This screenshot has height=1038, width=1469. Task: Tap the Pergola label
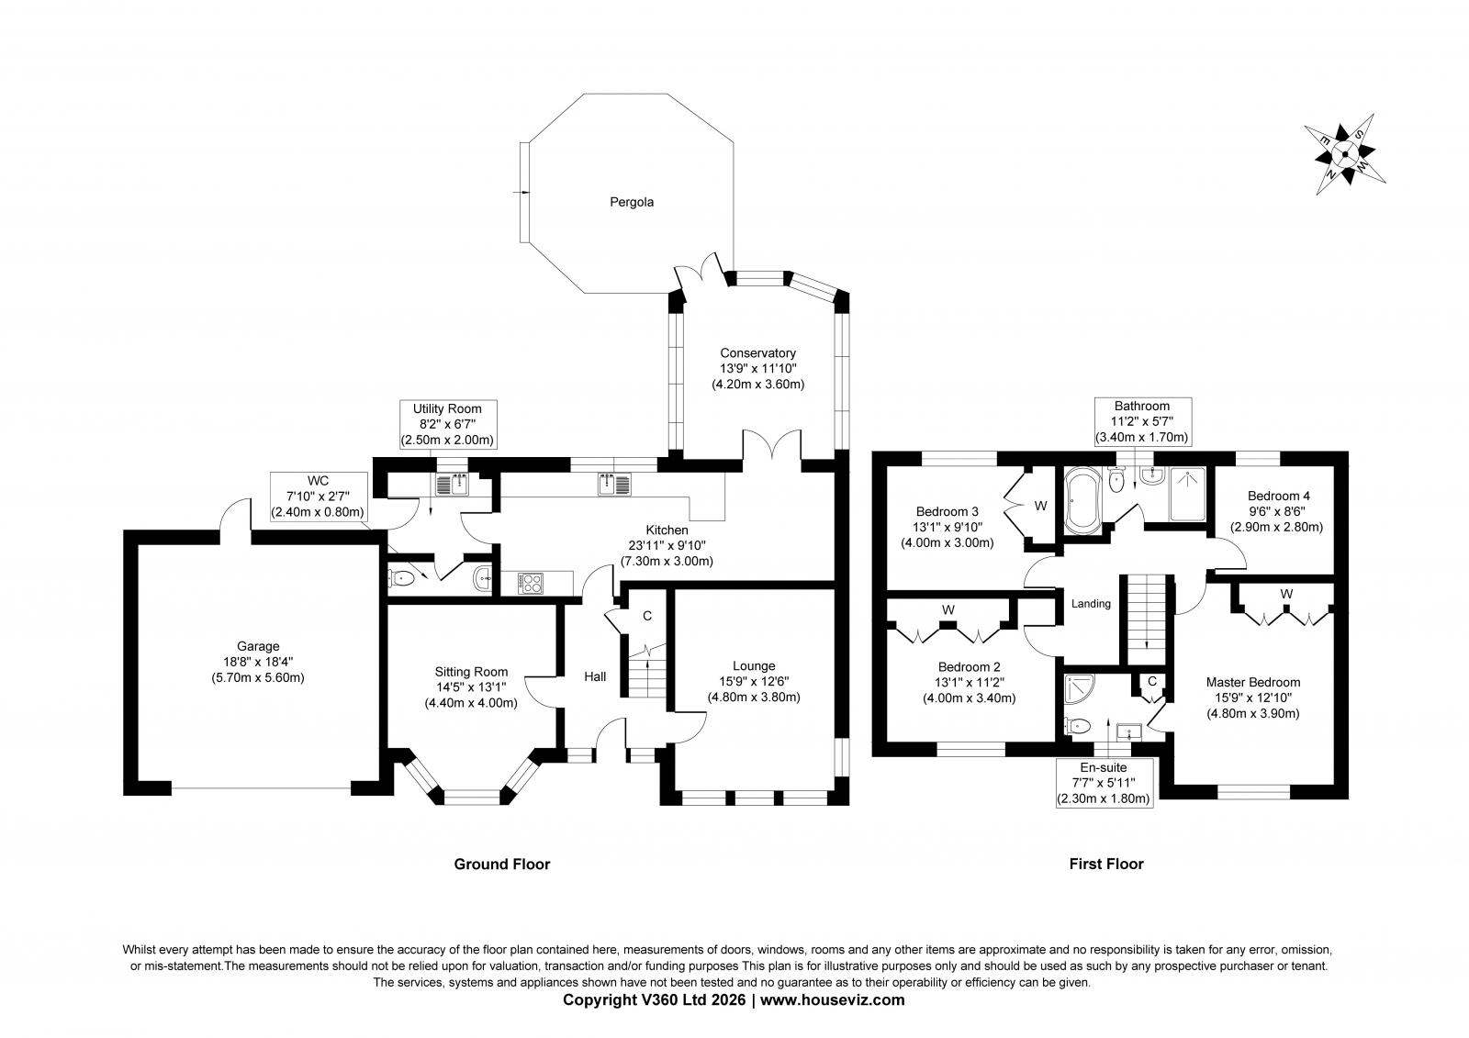pyautogui.click(x=632, y=202)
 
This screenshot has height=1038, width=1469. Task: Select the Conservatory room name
pyautogui.click(x=757, y=352)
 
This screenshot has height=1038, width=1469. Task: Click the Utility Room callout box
pyautogui.click(x=449, y=424)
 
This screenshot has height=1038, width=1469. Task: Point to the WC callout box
pyautogui.click(x=318, y=497)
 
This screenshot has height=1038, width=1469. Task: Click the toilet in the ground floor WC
pyautogui.click(x=401, y=578)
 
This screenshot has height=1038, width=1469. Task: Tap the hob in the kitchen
pyautogui.click(x=530, y=583)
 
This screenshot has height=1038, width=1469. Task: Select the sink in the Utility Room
pyautogui.click(x=452, y=484)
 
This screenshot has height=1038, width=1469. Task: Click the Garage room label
pyautogui.click(x=258, y=646)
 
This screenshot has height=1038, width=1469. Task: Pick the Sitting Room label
pyautogui.click(x=471, y=672)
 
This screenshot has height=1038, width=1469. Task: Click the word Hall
pyautogui.click(x=595, y=676)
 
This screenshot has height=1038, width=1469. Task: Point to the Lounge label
pyautogui.click(x=754, y=665)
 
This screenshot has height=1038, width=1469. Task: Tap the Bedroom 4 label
pyautogui.click(x=1278, y=496)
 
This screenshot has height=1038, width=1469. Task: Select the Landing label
pyautogui.click(x=1091, y=603)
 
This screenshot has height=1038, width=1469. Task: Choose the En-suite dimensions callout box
pyautogui.click(x=1105, y=783)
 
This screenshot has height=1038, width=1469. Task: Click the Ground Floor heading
pyautogui.click(x=501, y=865)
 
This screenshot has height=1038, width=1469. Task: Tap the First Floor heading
pyautogui.click(x=1106, y=865)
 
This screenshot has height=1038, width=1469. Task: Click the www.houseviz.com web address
pyautogui.click(x=832, y=1000)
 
